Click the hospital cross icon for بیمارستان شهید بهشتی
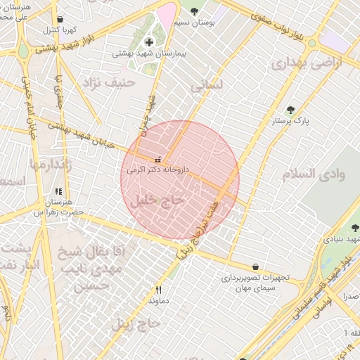149,42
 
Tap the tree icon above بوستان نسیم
194,11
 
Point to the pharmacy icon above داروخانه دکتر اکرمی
157,157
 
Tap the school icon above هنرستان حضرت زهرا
58,191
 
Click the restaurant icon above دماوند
159,289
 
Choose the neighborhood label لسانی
207,84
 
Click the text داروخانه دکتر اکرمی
158,169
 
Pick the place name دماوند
159,300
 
